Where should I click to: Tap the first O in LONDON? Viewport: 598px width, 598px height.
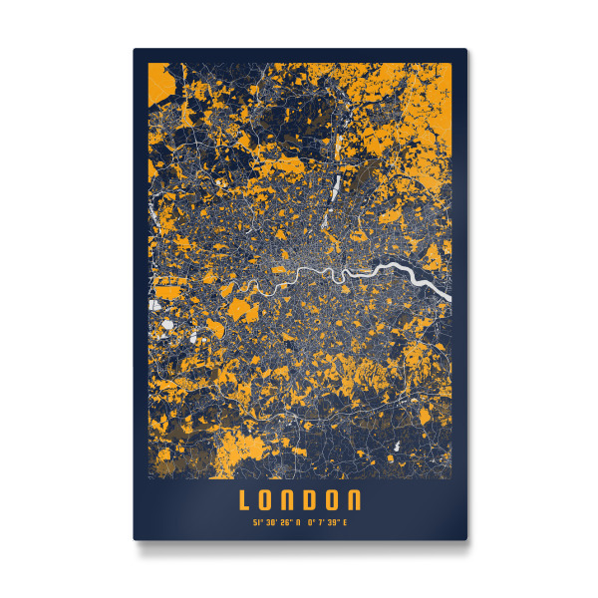point(268,498)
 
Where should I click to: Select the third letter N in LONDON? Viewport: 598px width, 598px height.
point(290,498)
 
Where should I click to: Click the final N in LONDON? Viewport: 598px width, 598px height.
point(356,498)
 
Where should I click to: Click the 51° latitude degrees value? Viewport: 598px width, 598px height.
point(258,519)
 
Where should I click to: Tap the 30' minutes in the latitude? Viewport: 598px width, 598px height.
point(271,519)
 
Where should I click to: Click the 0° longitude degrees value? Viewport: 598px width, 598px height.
point(311,519)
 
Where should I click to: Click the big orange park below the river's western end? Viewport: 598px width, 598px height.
point(242,310)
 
